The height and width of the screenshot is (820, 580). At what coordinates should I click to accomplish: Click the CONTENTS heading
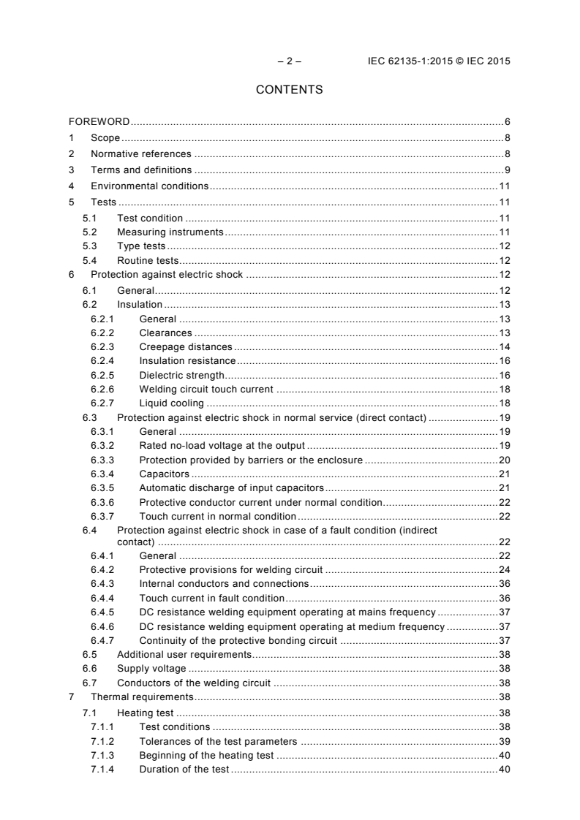click(x=289, y=91)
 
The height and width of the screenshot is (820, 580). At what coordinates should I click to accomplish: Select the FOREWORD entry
click(x=99, y=121)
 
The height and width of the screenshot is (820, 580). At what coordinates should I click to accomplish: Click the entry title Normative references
click(x=140, y=154)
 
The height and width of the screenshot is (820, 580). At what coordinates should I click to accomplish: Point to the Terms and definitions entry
click(x=141, y=170)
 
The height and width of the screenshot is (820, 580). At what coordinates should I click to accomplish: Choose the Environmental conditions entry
click(x=149, y=186)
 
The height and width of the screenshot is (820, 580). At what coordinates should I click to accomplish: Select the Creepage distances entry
click(x=186, y=346)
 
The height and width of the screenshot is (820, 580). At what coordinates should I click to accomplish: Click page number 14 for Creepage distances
click(x=504, y=346)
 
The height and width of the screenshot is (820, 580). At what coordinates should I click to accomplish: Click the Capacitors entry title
click(x=165, y=474)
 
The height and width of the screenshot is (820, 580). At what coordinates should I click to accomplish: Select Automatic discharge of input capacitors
click(x=231, y=488)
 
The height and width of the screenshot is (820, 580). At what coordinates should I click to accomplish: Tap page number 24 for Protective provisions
click(x=504, y=570)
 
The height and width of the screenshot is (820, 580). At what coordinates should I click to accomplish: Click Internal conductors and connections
click(x=224, y=584)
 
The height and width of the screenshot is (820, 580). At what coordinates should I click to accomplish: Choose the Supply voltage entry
click(x=151, y=669)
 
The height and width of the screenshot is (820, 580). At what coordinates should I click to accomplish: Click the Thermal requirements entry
click(x=142, y=697)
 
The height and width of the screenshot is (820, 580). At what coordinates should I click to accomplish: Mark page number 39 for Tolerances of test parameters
click(x=504, y=741)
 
